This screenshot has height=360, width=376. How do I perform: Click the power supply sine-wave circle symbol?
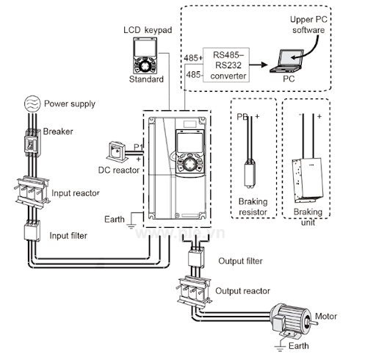32,104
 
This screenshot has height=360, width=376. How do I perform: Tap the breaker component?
32,143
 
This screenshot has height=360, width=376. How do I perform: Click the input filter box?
32,231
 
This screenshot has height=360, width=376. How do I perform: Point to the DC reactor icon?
116,152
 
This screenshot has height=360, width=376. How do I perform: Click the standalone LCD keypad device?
145,56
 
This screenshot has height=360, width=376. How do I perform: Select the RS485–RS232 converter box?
226,65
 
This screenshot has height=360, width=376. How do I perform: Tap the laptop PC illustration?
287,61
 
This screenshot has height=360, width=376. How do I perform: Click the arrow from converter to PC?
258,65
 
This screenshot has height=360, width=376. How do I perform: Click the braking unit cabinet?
308,180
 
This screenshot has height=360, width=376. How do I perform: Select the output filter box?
196,257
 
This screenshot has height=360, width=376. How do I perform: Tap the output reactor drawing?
194,291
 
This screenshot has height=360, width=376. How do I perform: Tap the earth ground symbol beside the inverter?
131,226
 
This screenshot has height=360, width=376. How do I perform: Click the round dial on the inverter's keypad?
189,164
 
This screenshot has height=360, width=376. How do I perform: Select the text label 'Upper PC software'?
308,25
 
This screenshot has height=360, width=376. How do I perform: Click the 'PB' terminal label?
242,117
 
